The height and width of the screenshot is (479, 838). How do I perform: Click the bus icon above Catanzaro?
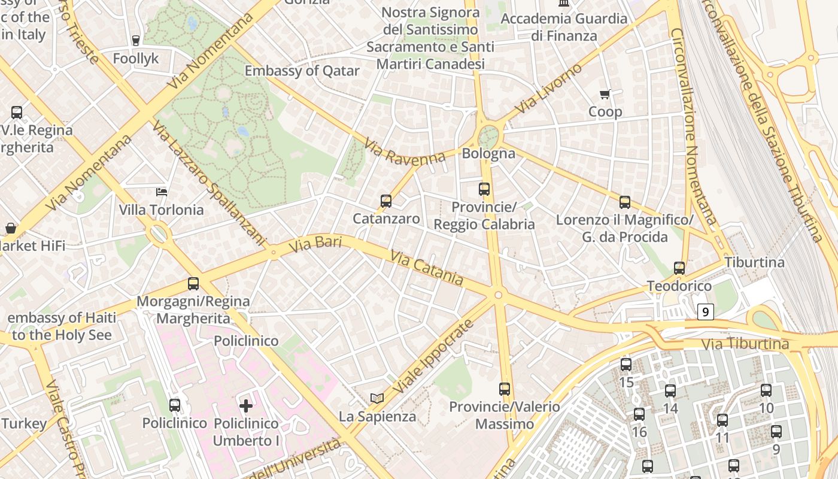click(x=386, y=201)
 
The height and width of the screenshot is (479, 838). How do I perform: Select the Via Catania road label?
click(x=427, y=268)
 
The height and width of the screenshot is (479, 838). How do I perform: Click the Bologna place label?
click(x=488, y=153)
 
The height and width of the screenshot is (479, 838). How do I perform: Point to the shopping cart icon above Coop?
click(x=605, y=94)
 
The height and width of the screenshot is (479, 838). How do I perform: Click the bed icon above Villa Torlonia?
click(x=161, y=192)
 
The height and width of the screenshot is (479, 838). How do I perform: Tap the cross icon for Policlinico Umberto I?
click(x=246, y=406)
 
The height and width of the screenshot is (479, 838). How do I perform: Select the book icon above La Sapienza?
click(x=377, y=398)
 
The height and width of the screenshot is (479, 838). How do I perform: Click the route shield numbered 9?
click(x=706, y=311)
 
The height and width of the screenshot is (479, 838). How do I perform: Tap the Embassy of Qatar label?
click(x=302, y=71)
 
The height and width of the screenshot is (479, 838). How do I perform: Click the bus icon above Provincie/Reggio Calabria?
click(x=484, y=189)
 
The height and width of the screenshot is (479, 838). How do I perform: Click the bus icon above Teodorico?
click(x=679, y=268)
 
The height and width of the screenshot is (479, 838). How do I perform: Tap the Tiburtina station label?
click(x=754, y=262)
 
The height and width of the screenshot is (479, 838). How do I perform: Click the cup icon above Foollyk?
click(x=136, y=41)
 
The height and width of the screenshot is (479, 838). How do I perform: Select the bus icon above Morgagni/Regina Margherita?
click(x=193, y=284)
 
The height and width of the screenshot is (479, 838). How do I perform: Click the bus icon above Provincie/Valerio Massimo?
click(x=505, y=389)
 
